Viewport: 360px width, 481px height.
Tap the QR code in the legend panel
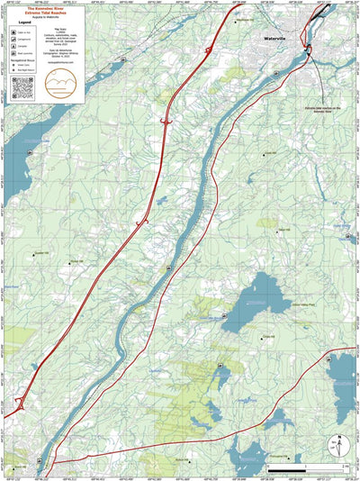click(x=24, y=87)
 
